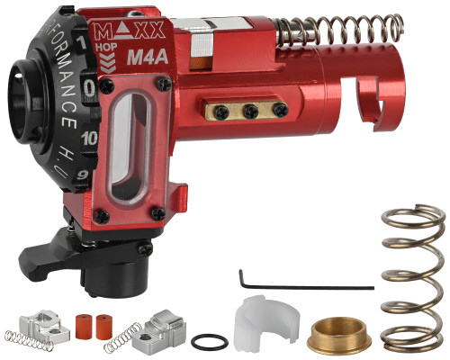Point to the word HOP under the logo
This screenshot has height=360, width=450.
click(115, 49)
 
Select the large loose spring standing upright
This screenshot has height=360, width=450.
click(413, 280)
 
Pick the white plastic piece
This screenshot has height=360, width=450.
click(260, 325)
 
